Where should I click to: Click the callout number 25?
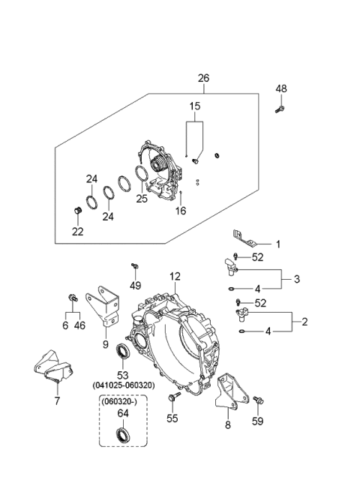pyautogui.click(x=142, y=198)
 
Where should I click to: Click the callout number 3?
pyautogui.click(x=296, y=279)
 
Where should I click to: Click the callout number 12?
pyautogui.click(x=175, y=277)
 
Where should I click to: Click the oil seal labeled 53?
pyautogui.click(x=121, y=350)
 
